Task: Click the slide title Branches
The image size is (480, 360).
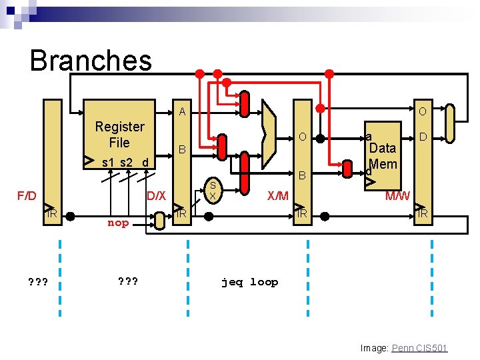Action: [91, 60]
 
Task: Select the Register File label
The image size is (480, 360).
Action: [119, 134]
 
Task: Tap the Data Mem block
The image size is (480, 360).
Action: [383, 156]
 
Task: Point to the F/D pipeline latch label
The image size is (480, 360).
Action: [27, 196]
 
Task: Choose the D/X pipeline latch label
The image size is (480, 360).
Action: [156, 196]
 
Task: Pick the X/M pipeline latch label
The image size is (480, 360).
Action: [277, 196]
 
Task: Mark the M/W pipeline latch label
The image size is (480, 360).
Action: [398, 196]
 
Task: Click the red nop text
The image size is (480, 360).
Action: [118, 223]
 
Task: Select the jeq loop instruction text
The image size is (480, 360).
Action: [249, 282]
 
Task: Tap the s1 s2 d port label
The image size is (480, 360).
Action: [125, 162]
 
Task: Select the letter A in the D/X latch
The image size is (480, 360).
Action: [181, 112]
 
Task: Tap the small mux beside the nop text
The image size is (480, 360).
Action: [160, 221]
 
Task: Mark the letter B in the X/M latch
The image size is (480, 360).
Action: [301, 176]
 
